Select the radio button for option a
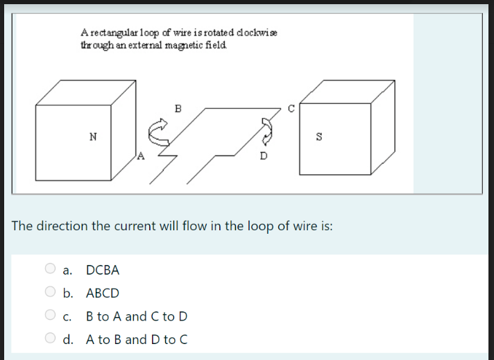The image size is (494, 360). click(50, 269)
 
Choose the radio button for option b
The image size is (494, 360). click(50, 293)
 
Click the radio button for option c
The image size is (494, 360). click(50, 316)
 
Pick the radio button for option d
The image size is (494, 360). click(50, 339)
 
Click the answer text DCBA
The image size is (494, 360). click(103, 270)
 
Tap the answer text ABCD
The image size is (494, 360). click(103, 293)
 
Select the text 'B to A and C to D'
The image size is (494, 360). click(137, 316)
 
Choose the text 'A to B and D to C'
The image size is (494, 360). click(137, 340)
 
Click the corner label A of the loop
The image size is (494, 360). click(141, 155)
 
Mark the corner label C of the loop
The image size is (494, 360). click(291, 108)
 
